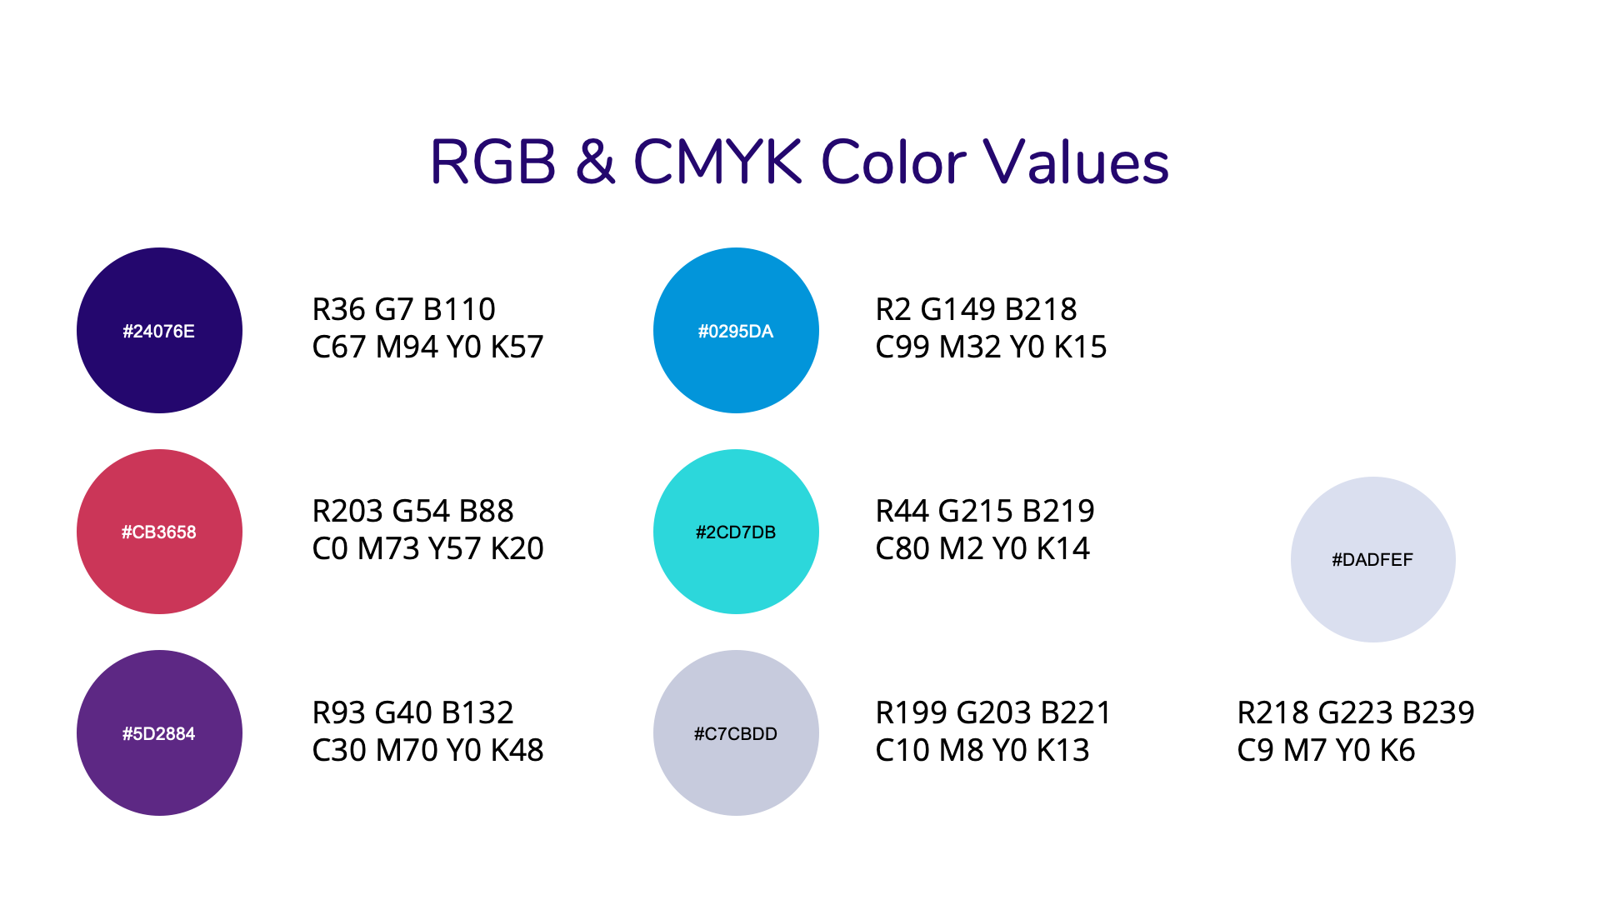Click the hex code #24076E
pos(158,331)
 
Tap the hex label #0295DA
pos(736,331)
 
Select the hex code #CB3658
pos(158,532)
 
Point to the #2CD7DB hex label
pos(736,532)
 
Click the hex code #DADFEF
pos(1372,559)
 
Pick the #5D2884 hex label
pos(158,733)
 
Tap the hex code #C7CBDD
pos(736,733)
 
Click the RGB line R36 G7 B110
pos(404,309)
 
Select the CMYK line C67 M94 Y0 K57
pos(427,347)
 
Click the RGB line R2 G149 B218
pos(976,309)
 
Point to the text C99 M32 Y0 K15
pos(991,347)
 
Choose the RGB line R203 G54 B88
pos(412,511)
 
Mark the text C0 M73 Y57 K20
pos(427,548)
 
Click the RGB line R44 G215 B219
pos(985,511)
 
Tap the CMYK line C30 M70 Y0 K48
pos(427,750)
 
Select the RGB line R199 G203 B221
pos(993,712)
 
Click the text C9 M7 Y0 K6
pos(1326,750)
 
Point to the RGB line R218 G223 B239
pos(1356,712)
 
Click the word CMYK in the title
pos(718,162)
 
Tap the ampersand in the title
pos(595,162)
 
